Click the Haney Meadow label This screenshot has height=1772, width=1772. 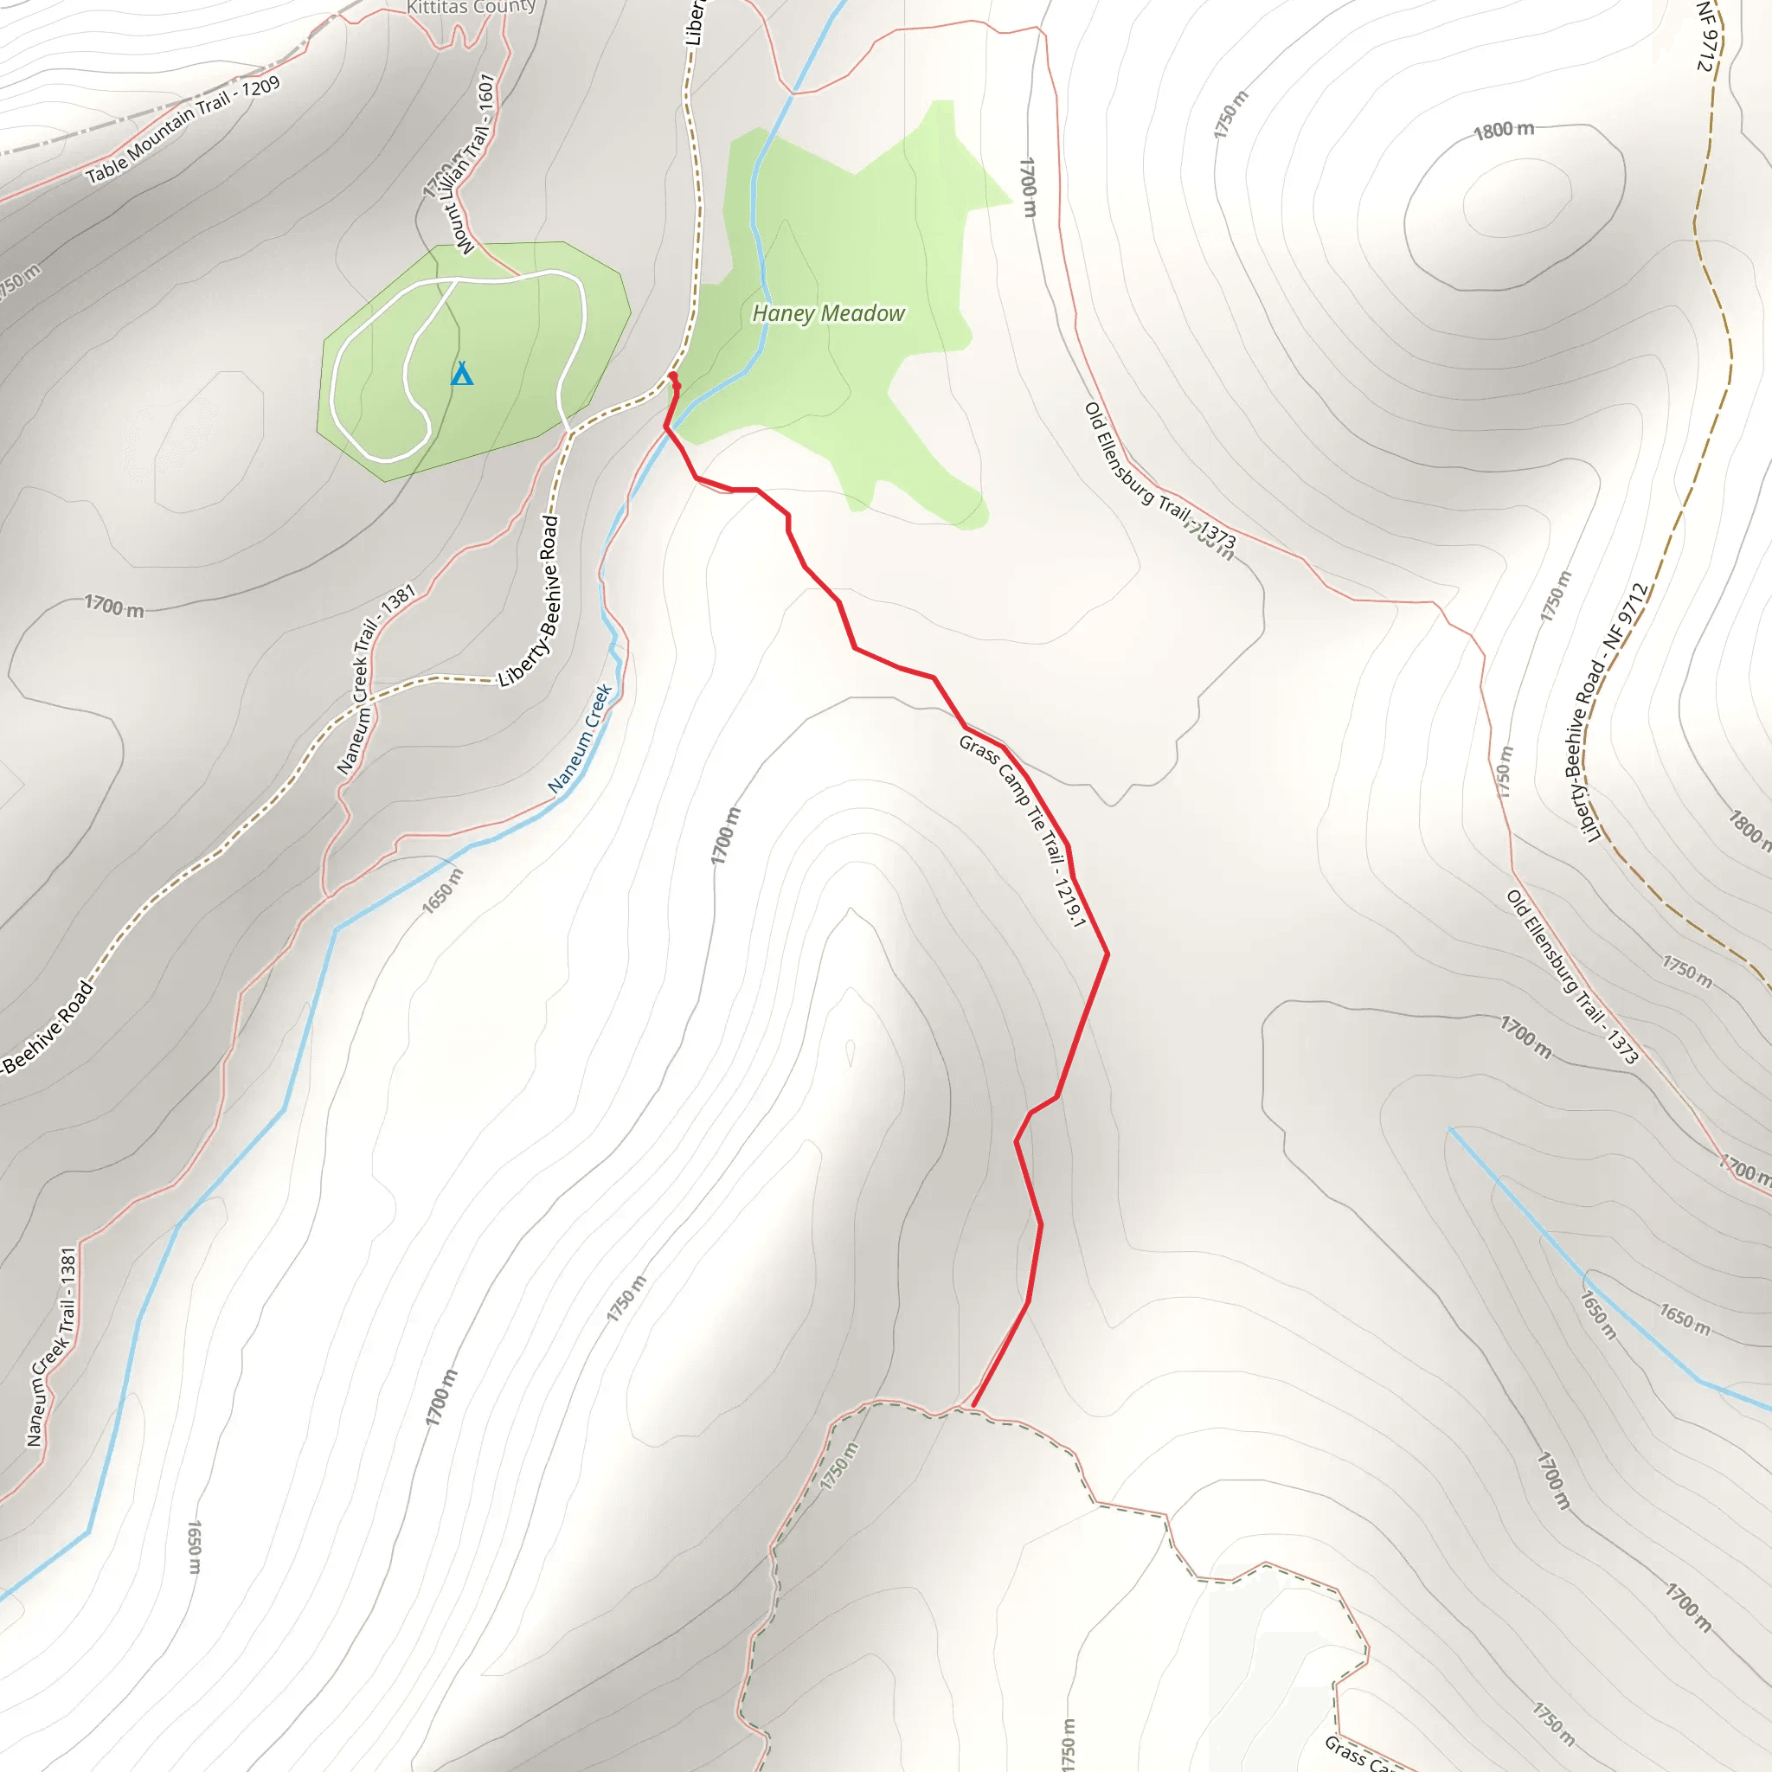[828, 314]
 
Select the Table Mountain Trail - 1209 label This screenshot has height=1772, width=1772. [183, 129]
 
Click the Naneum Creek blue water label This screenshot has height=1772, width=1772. [580, 738]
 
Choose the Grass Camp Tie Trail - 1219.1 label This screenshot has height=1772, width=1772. [1022, 831]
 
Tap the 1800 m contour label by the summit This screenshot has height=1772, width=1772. [1503, 131]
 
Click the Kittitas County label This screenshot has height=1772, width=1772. [471, 7]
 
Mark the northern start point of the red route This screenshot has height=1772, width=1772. [673, 376]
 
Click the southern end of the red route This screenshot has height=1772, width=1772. [973, 1405]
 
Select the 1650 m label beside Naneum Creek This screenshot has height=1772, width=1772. [443, 890]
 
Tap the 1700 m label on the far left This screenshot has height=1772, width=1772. [115, 607]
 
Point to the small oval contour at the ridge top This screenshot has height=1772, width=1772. [851, 1053]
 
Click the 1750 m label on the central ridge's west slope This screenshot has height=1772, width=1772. [626, 1298]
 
